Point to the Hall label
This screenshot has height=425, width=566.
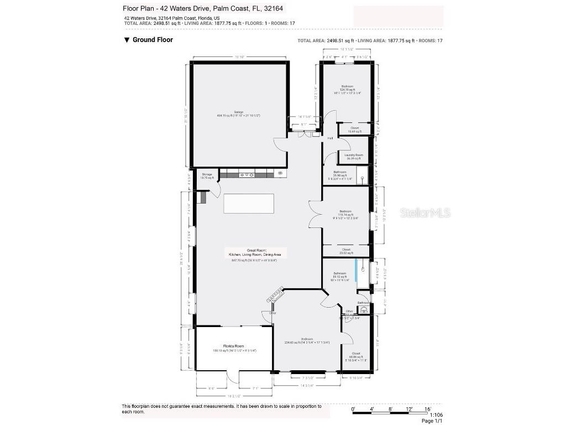point(330,138)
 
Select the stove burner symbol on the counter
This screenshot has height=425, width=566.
point(280,174)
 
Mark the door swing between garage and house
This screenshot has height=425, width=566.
point(281,145)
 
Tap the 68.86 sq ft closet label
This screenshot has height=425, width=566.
point(355,355)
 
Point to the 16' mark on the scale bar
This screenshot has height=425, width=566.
point(428,409)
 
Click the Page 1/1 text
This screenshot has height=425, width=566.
point(432,421)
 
